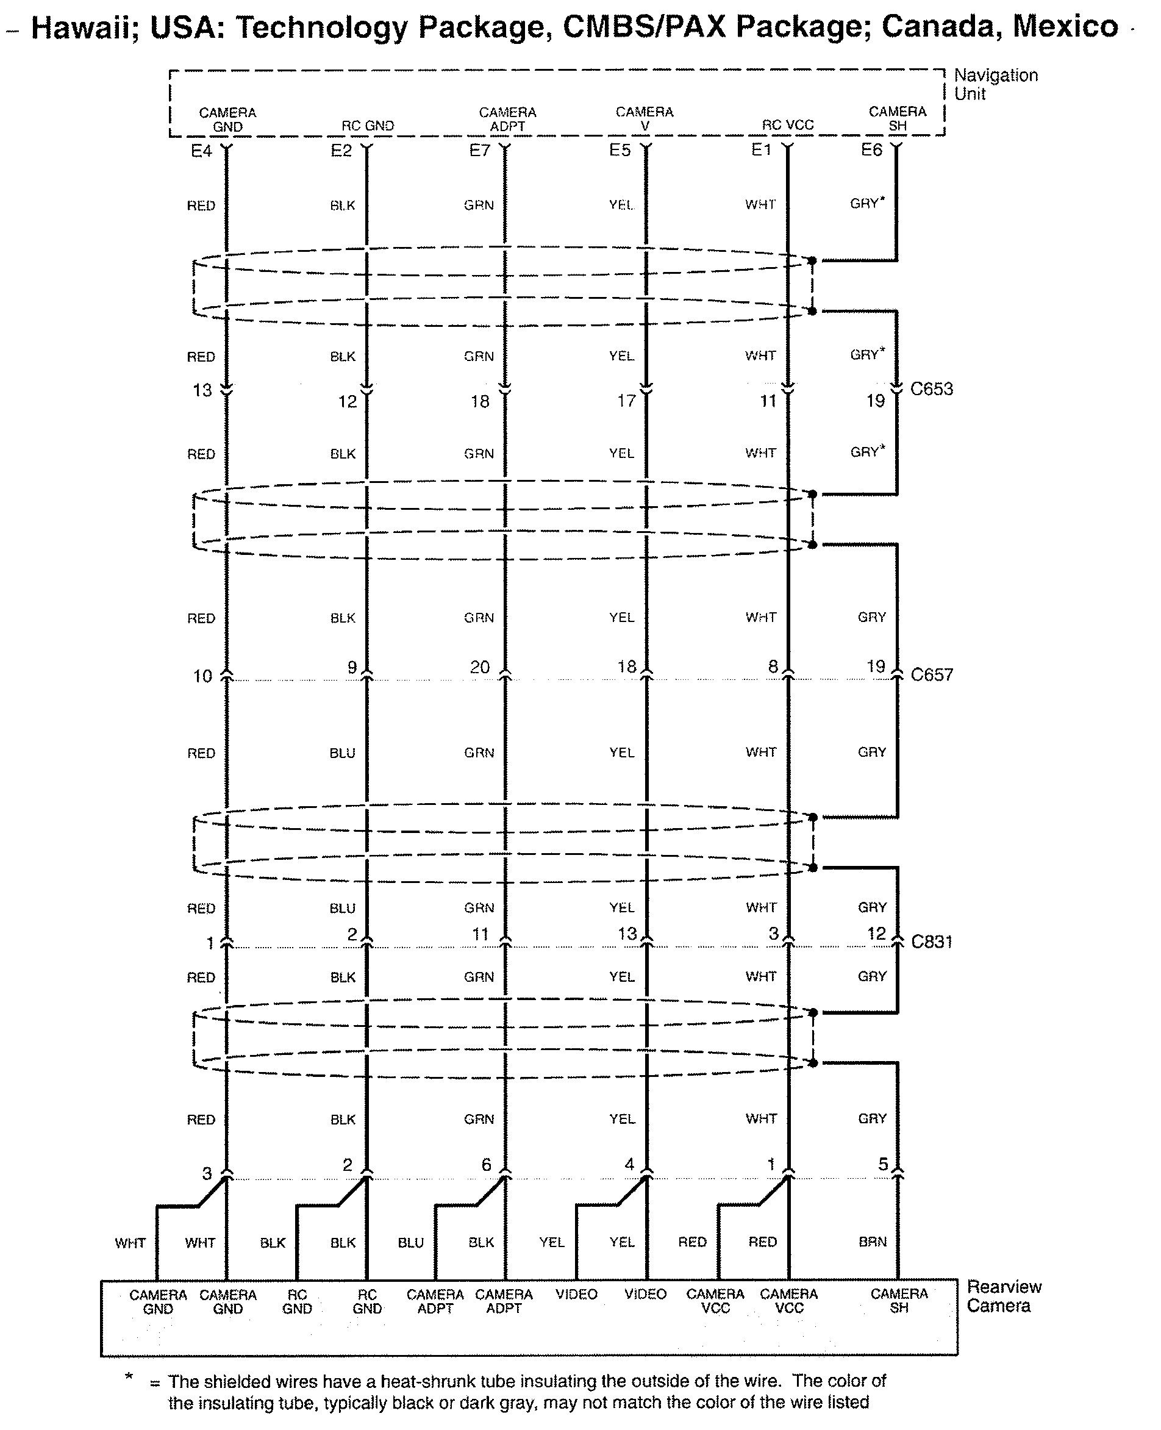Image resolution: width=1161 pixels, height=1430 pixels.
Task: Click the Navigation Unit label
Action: (996, 84)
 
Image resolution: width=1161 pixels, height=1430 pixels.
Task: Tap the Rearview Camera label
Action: (1004, 1296)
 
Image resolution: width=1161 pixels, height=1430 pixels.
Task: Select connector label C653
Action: (932, 388)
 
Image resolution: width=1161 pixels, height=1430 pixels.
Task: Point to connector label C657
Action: (932, 674)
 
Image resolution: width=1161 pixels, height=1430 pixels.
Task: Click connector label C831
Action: (932, 941)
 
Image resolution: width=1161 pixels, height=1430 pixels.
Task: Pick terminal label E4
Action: (201, 151)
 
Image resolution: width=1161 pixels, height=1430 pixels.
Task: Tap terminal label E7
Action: (479, 150)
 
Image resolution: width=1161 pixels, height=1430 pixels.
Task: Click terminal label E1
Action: (761, 149)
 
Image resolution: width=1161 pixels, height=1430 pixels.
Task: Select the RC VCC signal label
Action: (788, 125)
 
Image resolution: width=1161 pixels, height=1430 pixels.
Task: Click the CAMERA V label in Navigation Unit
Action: (645, 118)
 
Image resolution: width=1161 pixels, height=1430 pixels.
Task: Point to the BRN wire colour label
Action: (873, 1242)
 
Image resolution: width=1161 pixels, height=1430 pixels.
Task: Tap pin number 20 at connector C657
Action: (480, 667)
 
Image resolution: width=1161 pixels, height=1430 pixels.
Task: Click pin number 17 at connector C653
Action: (627, 401)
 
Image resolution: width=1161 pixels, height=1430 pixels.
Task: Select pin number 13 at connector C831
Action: (627, 933)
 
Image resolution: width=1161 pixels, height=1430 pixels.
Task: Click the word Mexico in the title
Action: (1065, 27)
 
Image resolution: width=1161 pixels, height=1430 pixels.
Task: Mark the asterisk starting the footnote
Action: (129, 1376)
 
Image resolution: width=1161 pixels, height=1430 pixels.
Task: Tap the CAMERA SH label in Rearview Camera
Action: (899, 1300)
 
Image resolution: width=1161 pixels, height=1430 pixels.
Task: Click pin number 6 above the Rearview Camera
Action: (486, 1165)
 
